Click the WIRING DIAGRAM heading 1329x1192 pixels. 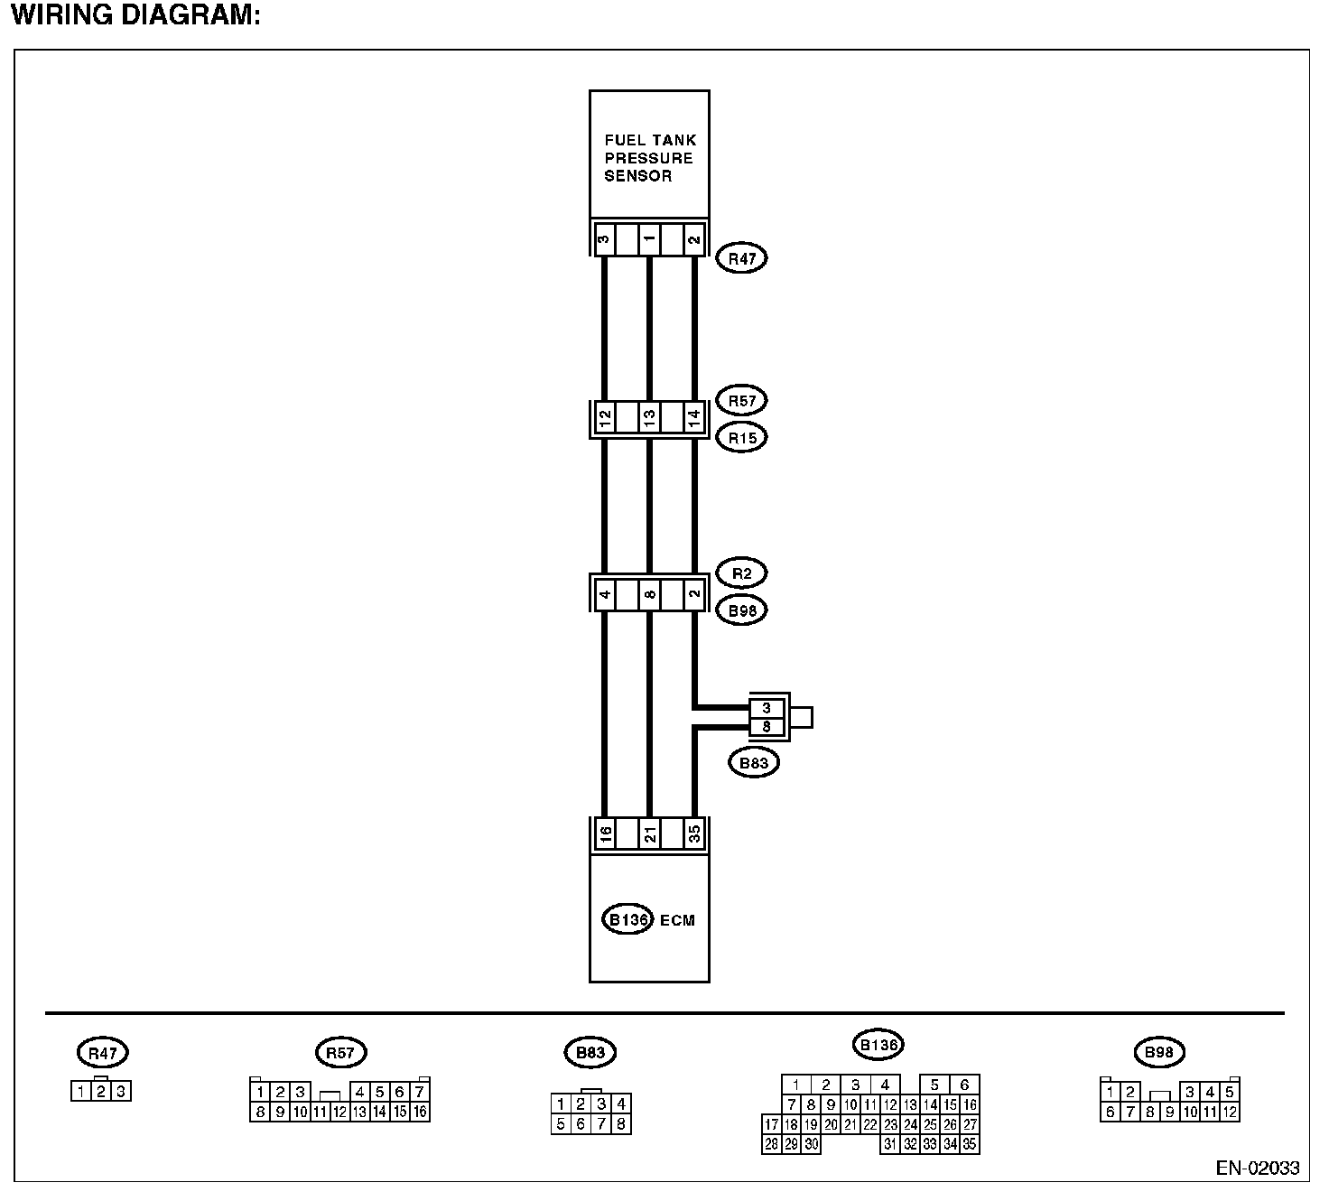click(x=135, y=16)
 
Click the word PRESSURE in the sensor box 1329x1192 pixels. click(x=648, y=158)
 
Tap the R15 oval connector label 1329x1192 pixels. click(x=741, y=438)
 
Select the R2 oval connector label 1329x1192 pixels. click(x=741, y=573)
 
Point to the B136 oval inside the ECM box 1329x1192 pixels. click(x=627, y=920)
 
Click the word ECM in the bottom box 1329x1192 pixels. click(x=678, y=921)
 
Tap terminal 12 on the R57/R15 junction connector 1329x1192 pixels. click(x=605, y=418)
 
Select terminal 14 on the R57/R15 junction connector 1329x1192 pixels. click(x=694, y=418)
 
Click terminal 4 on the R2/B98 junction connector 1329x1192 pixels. click(x=605, y=595)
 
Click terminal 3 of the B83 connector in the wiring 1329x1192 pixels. click(x=767, y=709)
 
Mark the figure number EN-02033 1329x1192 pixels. click(x=1257, y=1168)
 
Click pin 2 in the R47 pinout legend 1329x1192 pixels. click(x=101, y=1092)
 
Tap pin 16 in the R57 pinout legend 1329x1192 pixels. click(x=420, y=1112)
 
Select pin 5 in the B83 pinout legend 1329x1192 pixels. click(x=561, y=1124)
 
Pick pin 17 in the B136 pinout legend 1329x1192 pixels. click(x=771, y=1125)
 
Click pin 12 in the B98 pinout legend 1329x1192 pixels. click(x=1230, y=1112)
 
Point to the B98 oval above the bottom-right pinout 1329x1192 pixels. click(x=1158, y=1052)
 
